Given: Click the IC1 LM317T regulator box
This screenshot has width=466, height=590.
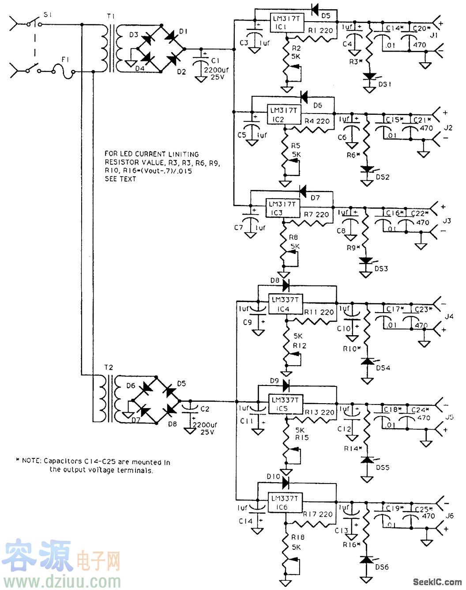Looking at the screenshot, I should point(287,23).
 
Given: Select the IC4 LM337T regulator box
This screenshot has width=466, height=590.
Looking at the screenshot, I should point(285,304).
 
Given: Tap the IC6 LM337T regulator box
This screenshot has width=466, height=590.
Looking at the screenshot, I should point(285,503).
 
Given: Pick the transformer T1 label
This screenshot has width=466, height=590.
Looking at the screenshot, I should point(110,16).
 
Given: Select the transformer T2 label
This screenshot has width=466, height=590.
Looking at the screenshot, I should point(109,367).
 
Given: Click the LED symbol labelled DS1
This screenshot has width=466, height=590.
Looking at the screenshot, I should point(369,77).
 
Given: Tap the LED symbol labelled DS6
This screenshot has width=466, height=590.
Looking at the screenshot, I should point(365,560).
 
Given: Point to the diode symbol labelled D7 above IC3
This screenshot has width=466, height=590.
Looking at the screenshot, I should point(303,191).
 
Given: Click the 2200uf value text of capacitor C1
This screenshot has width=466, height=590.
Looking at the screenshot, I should point(216,69).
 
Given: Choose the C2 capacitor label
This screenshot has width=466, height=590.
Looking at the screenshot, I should point(205,409).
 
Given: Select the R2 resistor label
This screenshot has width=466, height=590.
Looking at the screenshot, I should point(296,48).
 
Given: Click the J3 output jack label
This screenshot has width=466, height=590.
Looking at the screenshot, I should point(447,221).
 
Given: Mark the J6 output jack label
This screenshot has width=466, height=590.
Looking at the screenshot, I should point(449,515).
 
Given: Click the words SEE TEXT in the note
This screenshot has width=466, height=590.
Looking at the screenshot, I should point(120,179).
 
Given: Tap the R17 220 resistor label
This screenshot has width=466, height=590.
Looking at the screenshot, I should point(318,514).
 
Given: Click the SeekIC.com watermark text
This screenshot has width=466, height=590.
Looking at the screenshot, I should point(437,582).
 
